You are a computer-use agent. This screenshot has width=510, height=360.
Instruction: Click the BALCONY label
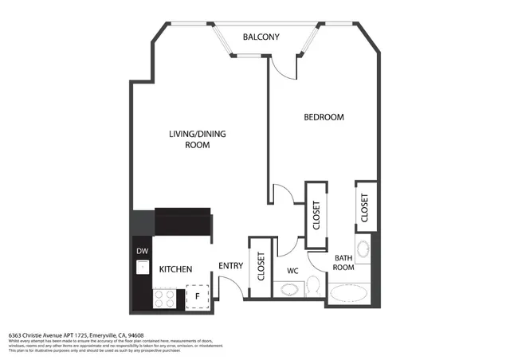pos(261,37)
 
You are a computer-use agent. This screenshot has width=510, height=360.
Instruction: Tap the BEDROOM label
pos(324,117)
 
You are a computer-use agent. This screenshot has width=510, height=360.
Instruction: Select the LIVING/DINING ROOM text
pos(197,139)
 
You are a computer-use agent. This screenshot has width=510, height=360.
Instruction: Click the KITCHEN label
pos(175,270)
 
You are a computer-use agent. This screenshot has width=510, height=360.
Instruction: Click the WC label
pos(292,270)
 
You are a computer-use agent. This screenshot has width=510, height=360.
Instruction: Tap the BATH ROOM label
pos(343,263)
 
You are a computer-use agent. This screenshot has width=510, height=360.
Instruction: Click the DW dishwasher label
pos(143,252)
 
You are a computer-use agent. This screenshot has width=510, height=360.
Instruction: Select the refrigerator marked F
pos(197,297)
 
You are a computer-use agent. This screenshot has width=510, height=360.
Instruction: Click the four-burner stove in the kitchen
pos(164,299)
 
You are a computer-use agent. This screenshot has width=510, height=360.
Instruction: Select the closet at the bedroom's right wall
pos(366,208)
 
